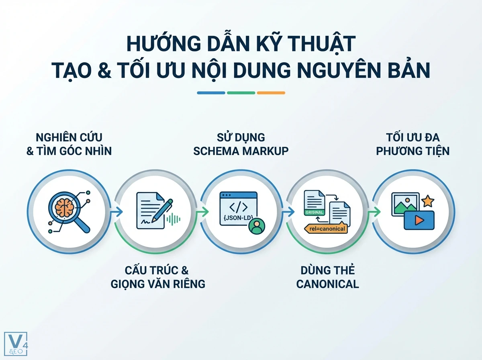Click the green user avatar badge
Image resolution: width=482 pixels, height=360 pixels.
pyautogui.click(x=257, y=226)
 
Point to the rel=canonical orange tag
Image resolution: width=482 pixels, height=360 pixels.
pyautogui.click(x=326, y=229)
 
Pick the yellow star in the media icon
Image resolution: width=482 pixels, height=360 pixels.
pyautogui.click(x=428, y=200)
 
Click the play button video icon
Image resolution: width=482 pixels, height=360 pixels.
pyautogui.click(x=419, y=220)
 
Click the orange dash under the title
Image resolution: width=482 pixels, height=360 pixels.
pyautogui.click(x=271, y=93)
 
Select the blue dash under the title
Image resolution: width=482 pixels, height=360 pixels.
pyautogui.click(x=211, y=93)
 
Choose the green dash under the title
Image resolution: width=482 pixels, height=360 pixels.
pyautogui.click(x=241, y=93)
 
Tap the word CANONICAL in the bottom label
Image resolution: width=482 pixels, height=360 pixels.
pyautogui.click(x=327, y=284)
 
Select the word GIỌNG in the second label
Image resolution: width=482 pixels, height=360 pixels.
pyautogui.click(x=133, y=284)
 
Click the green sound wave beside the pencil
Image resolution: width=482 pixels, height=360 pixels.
pyautogui.click(x=174, y=219)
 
